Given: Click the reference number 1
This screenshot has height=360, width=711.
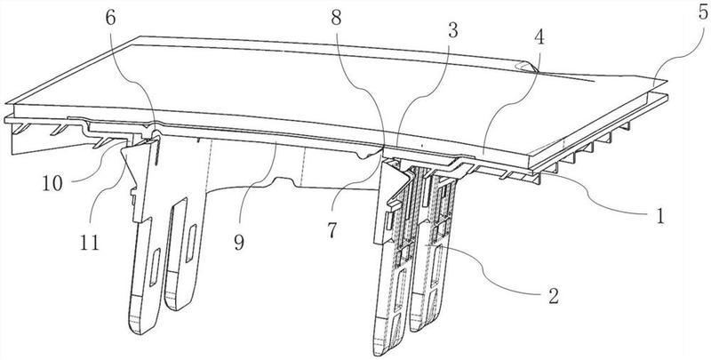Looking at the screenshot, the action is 660,217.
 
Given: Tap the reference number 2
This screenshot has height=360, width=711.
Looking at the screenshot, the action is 552,296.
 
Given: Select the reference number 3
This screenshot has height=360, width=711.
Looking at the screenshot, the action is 452,29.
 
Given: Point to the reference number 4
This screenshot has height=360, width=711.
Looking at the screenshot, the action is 539,38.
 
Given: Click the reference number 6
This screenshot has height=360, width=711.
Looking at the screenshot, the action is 111,18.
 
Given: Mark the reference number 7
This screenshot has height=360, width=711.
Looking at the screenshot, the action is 332,230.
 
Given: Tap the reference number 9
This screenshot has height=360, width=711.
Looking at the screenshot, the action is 238,242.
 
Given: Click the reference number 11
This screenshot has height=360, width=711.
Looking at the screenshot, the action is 90,243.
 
